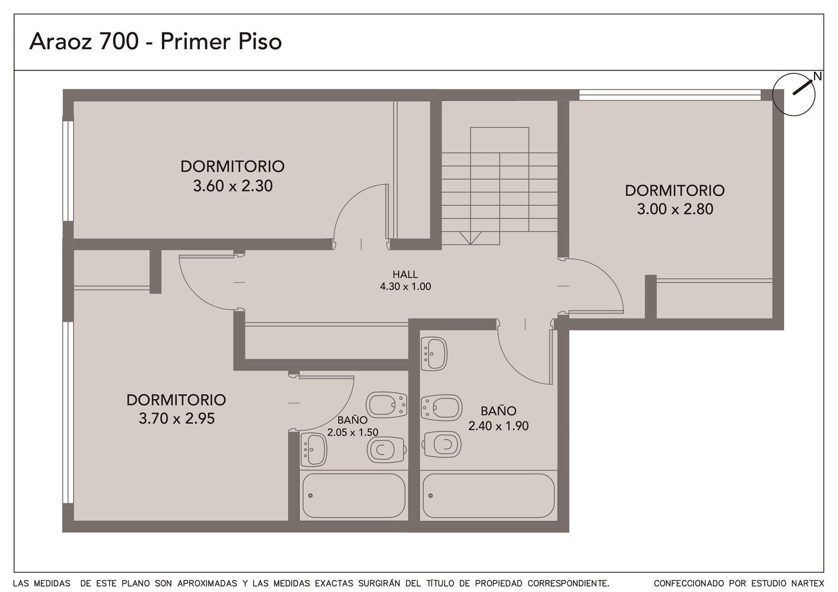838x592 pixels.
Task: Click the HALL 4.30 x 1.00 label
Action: coord(405,281)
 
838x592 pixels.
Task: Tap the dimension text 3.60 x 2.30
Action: coord(233,186)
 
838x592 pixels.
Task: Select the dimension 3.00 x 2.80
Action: coord(675,209)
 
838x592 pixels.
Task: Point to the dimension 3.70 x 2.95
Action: coord(177,418)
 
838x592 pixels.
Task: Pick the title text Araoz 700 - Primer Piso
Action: coord(155,41)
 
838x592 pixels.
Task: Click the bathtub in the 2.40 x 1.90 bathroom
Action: coord(489,496)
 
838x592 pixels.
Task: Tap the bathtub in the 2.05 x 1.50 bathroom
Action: coord(354,496)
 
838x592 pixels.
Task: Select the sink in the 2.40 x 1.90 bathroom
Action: coord(434,354)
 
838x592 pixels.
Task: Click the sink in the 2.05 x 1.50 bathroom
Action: coord(314,450)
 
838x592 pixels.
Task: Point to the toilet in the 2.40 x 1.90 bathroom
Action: coord(441,445)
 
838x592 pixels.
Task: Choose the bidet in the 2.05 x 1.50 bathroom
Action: coord(387,405)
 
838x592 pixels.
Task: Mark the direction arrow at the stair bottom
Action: coord(470,238)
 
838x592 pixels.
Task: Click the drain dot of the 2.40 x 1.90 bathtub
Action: coord(431,496)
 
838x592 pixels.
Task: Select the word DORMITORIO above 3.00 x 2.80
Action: coord(675,191)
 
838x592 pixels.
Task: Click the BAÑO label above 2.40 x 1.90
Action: coord(499,411)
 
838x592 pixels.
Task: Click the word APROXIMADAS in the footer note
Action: coord(207,583)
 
